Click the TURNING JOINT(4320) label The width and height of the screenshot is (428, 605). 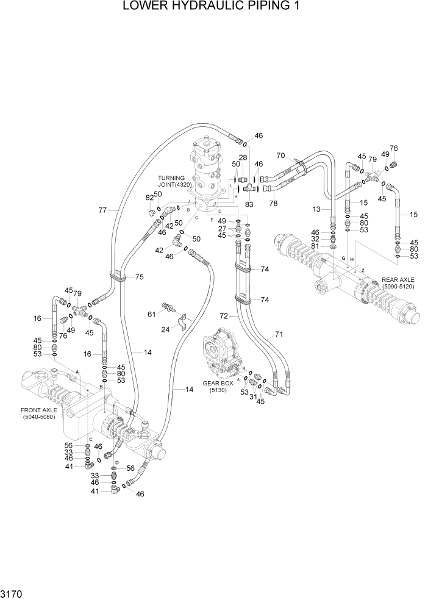point(175,181)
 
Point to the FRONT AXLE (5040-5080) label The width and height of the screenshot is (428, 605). point(38,413)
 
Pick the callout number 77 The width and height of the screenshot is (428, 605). point(103,210)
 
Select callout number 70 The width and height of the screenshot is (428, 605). point(281,155)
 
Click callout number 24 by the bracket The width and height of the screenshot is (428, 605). point(166,330)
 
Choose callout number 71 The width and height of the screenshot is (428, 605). point(279,334)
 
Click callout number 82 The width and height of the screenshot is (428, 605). point(149,198)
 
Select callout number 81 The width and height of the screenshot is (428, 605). point(315,246)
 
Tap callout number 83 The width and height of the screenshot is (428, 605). point(249,206)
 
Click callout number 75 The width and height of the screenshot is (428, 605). point(140,277)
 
